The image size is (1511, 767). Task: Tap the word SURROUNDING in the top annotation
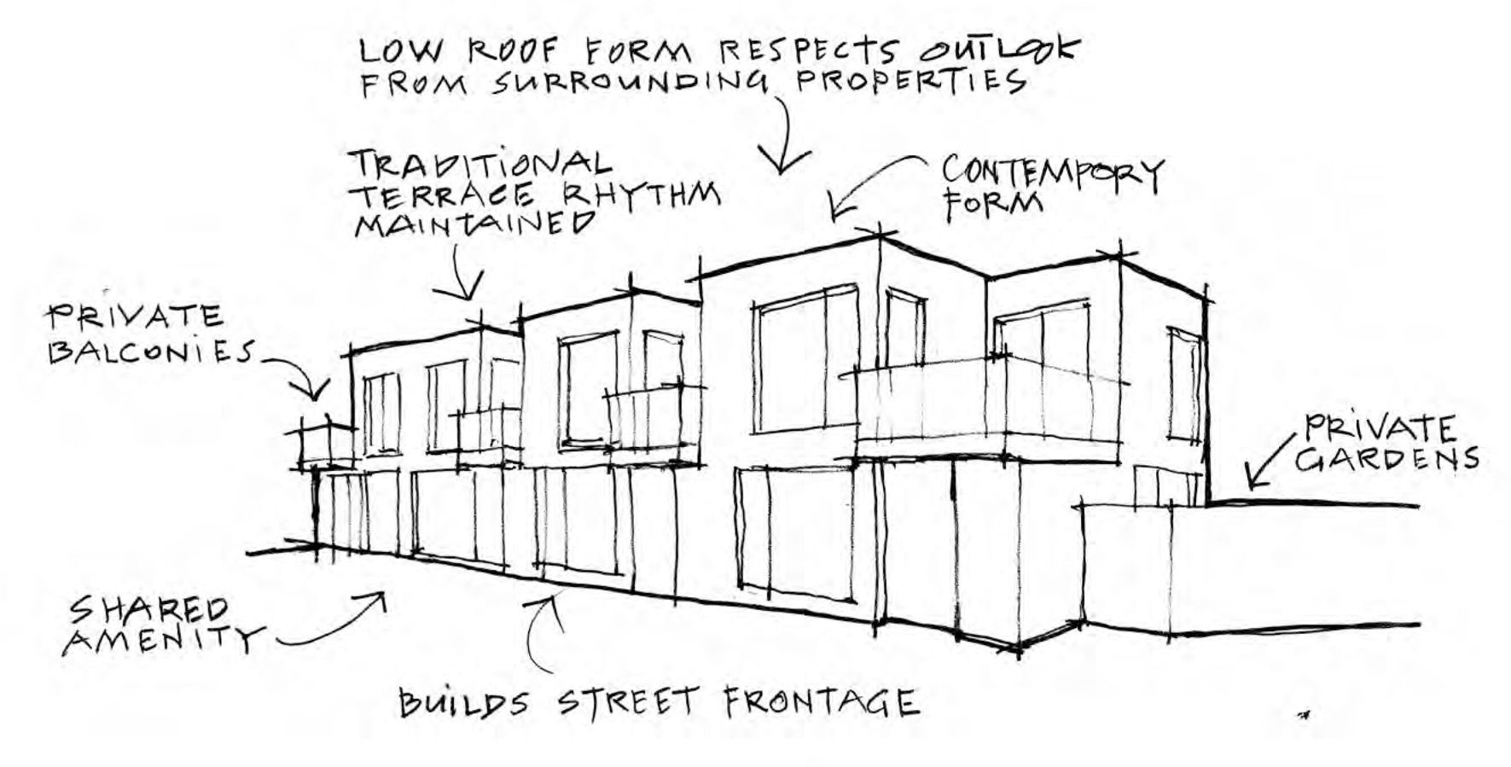pos(631,83)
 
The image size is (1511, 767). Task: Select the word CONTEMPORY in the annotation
pos(1052,173)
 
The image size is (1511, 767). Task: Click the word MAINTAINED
pos(474,224)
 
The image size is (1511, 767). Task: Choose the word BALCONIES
pos(151,351)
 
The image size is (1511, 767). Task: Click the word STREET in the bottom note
pos(628,703)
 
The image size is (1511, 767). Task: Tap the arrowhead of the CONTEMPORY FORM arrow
pos(837,210)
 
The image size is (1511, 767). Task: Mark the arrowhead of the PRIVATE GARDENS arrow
pos(1251,482)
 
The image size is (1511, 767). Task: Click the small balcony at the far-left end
pos(327,445)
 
